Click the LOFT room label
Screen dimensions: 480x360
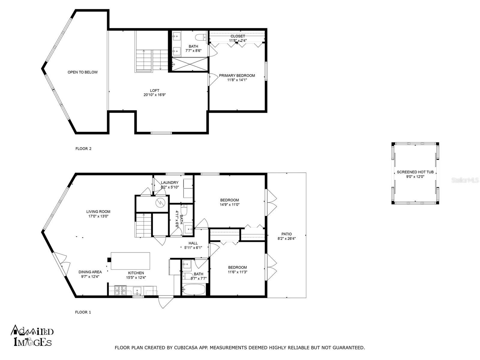point(154,91)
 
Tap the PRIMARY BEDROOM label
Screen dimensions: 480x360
point(237,76)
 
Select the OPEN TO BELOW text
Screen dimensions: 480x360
point(83,72)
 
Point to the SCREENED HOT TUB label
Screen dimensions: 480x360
point(415,172)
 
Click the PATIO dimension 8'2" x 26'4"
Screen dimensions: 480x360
point(287,239)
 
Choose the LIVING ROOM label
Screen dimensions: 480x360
point(98,211)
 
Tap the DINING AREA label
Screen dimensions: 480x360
point(90,272)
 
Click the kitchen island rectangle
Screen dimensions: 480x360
point(130,261)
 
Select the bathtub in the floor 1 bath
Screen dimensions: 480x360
point(194,290)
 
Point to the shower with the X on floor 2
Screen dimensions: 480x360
point(190,64)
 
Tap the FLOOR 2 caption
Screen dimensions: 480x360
point(83,148)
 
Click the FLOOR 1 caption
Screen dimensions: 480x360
point(83,312)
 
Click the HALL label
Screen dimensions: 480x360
point(193,243)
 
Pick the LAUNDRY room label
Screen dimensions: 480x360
point(170,183)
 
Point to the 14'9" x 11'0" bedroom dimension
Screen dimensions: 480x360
point(229,205)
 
